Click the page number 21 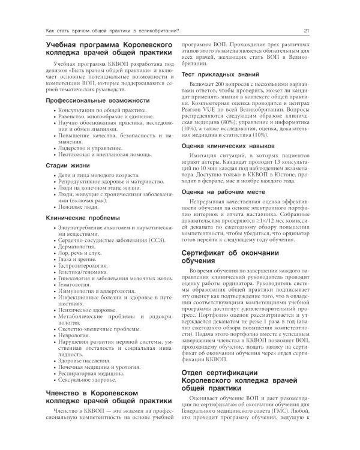[307, 31]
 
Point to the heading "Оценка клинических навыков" [227, 145]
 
